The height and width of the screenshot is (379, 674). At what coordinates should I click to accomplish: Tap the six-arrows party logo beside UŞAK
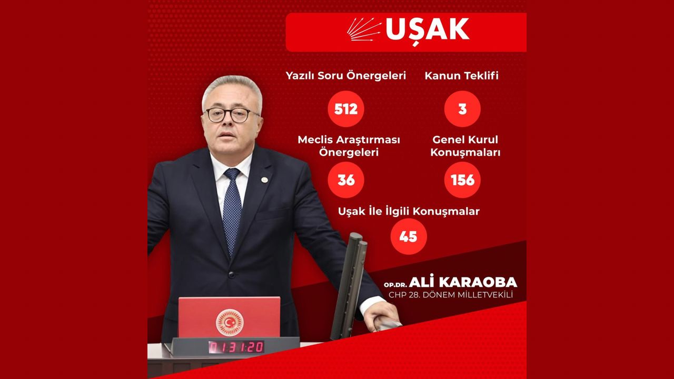(364, 29)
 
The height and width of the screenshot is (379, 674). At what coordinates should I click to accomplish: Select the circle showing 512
(346, 109)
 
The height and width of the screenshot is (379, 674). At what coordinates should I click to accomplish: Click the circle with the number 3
(462, 109)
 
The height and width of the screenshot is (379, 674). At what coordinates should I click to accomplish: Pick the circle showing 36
(346, 180)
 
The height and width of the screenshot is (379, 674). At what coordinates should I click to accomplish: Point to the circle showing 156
(462, 180)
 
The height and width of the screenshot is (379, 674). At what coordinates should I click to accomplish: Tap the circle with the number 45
(409, 236)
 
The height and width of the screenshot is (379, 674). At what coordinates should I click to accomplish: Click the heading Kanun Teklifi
(462, 75)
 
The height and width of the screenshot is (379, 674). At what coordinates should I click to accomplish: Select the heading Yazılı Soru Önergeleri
(346, 75)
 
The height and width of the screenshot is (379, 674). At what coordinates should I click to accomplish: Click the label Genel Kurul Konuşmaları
(465, 146)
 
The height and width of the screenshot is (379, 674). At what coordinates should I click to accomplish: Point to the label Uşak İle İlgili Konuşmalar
(409, 211)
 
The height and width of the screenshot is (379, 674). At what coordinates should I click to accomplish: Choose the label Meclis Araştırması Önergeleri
(349, 146)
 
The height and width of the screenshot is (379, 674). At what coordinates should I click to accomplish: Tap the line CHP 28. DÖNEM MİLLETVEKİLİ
(451, 295)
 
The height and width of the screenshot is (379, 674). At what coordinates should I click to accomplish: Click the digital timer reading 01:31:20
(236, 347)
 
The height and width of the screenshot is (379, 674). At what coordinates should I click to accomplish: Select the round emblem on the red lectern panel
(230, 322)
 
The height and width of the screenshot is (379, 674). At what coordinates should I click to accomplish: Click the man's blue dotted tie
(232, 211)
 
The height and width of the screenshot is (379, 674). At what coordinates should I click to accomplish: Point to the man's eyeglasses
(232, 115)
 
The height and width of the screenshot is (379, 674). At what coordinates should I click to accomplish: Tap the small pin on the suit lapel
(264, 180)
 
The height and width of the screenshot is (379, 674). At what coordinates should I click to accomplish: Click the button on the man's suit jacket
(231, 274)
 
